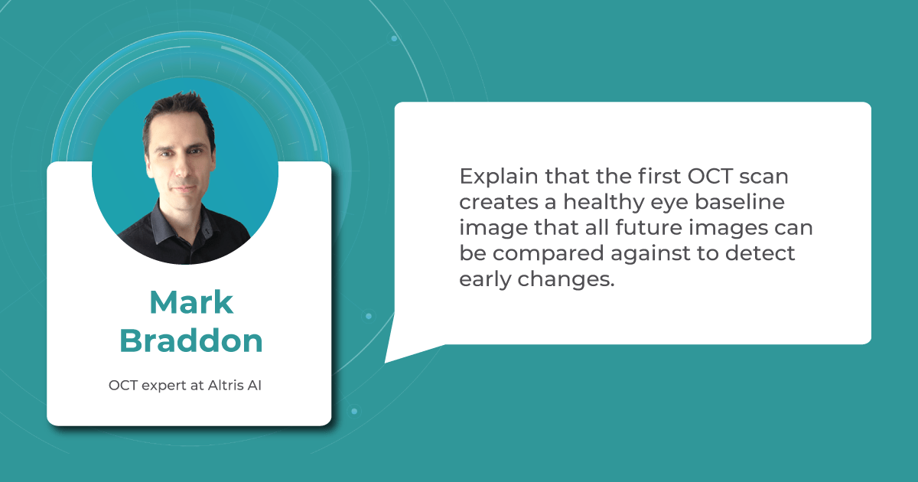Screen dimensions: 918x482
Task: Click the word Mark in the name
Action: (191, 302)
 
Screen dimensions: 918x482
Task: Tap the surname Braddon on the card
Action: (191, 340)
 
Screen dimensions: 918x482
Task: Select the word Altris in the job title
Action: (225, 386)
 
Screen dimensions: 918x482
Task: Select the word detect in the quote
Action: (760, 253)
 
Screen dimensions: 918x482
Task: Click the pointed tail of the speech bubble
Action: (385, 363)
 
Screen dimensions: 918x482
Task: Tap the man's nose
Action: (181, 168)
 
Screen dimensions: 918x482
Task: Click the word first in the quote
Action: (659, 176)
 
